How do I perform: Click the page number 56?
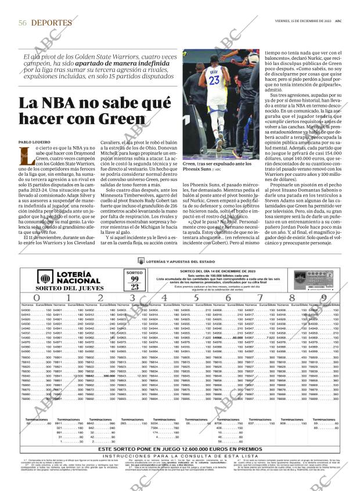tap(23, 23)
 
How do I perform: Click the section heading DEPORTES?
tap(52, 23)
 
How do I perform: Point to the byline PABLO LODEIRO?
tap(35, 142)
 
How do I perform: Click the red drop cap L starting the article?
tap(25, 154)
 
